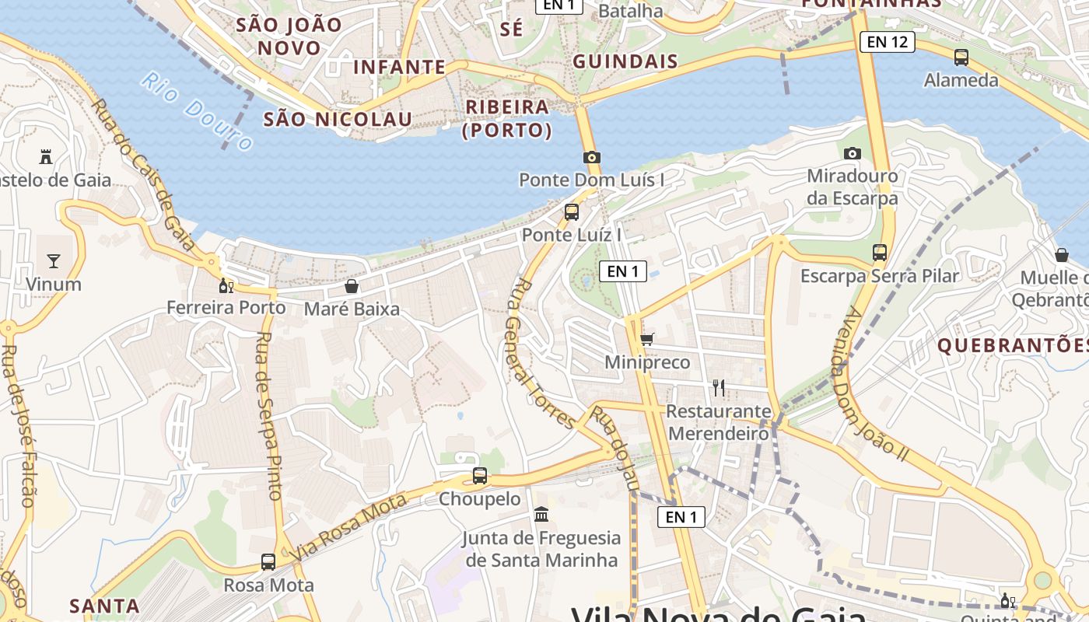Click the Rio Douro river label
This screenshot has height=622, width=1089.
coord(198,111)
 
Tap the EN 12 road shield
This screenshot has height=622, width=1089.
coord(887,42)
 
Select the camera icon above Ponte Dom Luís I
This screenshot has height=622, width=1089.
coord(592,158)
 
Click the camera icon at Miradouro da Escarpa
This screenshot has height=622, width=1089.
coord(853,153)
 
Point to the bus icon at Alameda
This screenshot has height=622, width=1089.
coord(961,57)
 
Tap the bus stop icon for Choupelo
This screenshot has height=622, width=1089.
coord(480,476)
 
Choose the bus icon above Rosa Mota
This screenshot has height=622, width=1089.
coord(268,561)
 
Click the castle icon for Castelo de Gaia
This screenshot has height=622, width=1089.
coord(46,157)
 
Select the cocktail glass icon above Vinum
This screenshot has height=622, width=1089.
coord(54,260)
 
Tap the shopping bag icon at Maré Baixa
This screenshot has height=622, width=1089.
coord(352,286)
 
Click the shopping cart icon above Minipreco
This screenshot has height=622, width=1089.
coord(646,339)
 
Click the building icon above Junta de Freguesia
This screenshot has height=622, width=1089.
coord(541,515)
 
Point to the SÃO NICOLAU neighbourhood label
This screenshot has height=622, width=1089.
coord(338,119)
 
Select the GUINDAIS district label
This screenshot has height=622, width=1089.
coord(625,61)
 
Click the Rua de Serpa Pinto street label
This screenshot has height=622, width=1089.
coord(268,415)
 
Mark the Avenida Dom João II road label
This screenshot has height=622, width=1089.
coord(874,384)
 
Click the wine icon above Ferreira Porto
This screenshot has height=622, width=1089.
coord(226,286)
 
